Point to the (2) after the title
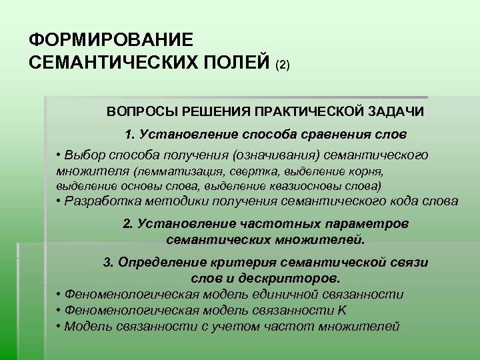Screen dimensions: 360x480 click(x=282, y=65)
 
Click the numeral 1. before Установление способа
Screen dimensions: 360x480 click(x=130, y=133)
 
